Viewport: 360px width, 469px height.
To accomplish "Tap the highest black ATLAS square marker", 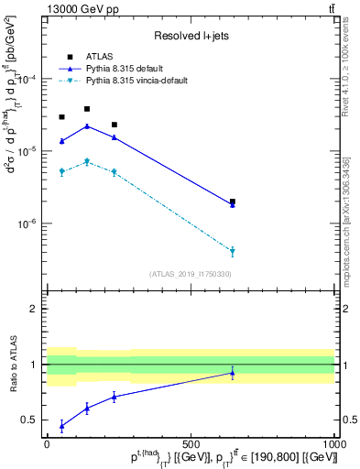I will point(87,109).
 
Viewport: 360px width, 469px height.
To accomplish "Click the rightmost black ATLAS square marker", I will point(233,202).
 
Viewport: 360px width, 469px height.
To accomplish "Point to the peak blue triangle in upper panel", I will point(87,126).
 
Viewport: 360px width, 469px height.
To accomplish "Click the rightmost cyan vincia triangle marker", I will point(233,251).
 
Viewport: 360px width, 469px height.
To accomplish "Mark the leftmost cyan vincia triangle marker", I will point(61,171).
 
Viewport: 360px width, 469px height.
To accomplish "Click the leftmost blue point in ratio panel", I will point(61,426).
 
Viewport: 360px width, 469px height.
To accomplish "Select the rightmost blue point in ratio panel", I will point(233,373).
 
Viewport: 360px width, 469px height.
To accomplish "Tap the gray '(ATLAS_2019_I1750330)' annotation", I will point(191,273).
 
